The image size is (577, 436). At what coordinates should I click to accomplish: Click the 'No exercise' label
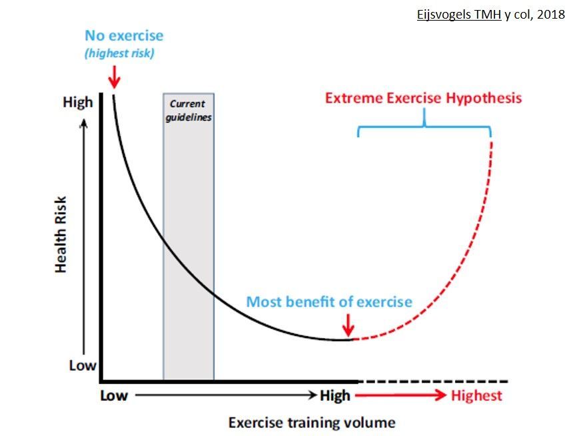click(x=124, y=36)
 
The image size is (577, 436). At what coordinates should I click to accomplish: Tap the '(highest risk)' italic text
click(x=119, y=53)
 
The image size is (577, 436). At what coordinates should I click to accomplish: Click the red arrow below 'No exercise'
click(x=114, y=77)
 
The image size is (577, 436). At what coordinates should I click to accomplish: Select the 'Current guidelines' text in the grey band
click(x=189, y=110)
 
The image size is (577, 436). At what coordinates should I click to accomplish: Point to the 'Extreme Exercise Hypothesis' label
click(x=423, y=99)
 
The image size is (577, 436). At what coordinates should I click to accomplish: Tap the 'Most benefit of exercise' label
click(x=329, y=302)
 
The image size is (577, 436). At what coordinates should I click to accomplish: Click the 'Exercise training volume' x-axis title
click(x=312, y=423)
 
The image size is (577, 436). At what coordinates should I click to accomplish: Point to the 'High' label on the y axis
click(x=77, y=103)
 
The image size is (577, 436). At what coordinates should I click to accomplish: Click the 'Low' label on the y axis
click(x=83, y=365)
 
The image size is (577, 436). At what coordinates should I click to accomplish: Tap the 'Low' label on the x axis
click(x=114, y=395)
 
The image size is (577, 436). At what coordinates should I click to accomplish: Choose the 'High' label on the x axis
click(x=335, y=395)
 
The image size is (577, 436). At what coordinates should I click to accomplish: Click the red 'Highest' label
click(x=476, y=395)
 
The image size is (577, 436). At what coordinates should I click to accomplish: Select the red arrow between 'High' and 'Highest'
click(x=400, y=395)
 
